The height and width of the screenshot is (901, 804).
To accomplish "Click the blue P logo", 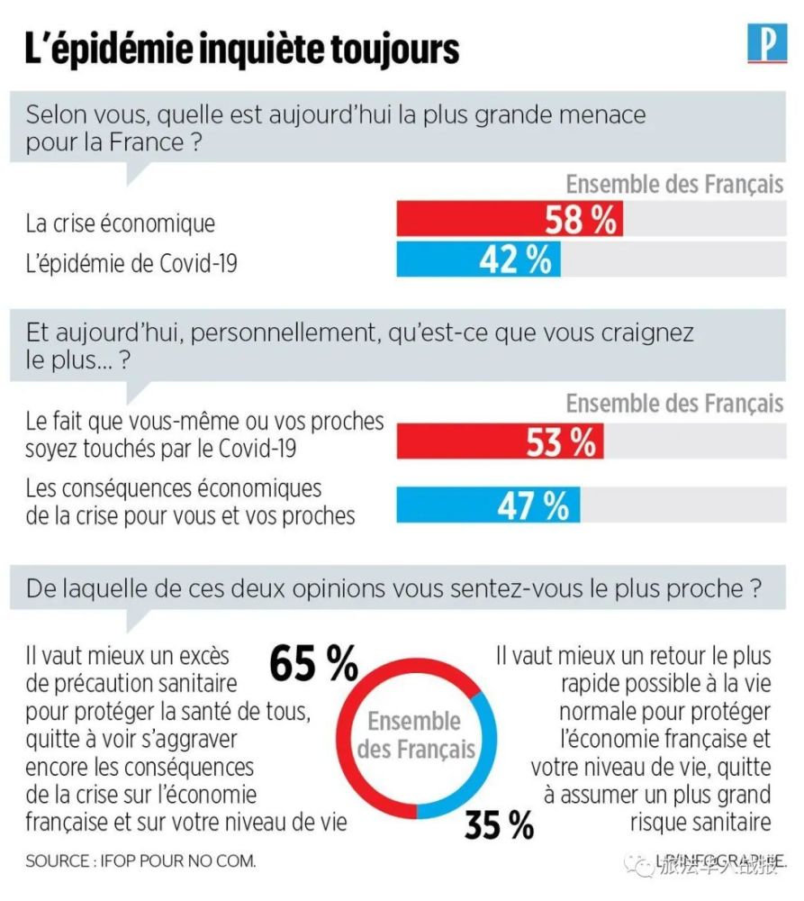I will (x=766, y=45).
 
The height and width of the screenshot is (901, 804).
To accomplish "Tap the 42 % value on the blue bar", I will (x=515, y=259).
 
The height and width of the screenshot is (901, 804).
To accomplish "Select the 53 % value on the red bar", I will (x=560, y=442).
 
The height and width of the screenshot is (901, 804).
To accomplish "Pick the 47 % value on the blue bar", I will (x=533, y=505).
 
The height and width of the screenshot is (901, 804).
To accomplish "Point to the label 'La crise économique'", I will (x=121, y=223).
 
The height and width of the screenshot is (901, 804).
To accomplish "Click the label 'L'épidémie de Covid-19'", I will (x=133, y=262).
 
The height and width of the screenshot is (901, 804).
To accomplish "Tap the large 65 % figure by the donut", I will (x=314, y=665).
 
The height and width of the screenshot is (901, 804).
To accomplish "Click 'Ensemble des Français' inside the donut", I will (x=415, y=735).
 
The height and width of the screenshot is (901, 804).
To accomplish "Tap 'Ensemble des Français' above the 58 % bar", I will (x=674, y=185).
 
